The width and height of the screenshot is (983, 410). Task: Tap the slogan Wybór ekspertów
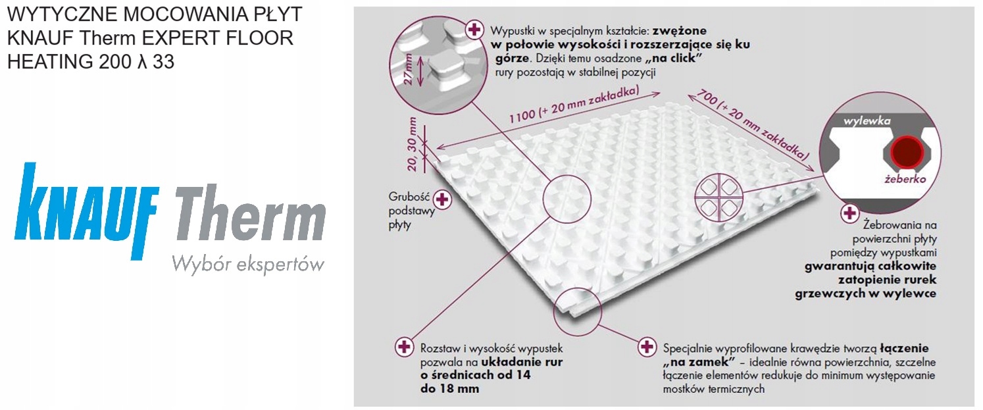pyautogui.click(x=248, y=265)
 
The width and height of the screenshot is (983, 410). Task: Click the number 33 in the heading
pyautogui.click(x=164, y=61)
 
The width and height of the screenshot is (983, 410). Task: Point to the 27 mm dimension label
pyautogui.click(x=408, y=69)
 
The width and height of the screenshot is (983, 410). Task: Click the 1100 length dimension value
pyautogui.click(x=522, y=117)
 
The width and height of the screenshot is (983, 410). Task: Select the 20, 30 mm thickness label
pyautogui.click(x=412, y=144)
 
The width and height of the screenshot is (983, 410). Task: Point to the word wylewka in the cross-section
pyautogui.click(x=867, y=120)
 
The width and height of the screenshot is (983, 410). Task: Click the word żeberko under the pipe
pyautogui.click(x=905, y=178)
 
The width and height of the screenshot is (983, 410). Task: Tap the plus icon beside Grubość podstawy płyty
pyautogui.click(x=442, y=199)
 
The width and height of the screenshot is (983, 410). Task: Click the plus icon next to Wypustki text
pyautogui.click(x=474, y=30)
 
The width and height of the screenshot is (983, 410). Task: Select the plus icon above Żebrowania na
pyautogui.click(x=849, y=213)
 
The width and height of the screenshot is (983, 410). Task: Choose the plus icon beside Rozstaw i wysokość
pyautogui.click(x=404, y=347)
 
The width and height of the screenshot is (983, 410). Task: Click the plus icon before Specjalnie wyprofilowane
pyautogui.click(x=646, y=347)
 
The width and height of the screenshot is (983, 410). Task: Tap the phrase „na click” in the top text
pyautogui.click(x=672, y=58)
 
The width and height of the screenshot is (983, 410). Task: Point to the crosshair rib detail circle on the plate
pyautogui.click(x=719, y=197)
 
